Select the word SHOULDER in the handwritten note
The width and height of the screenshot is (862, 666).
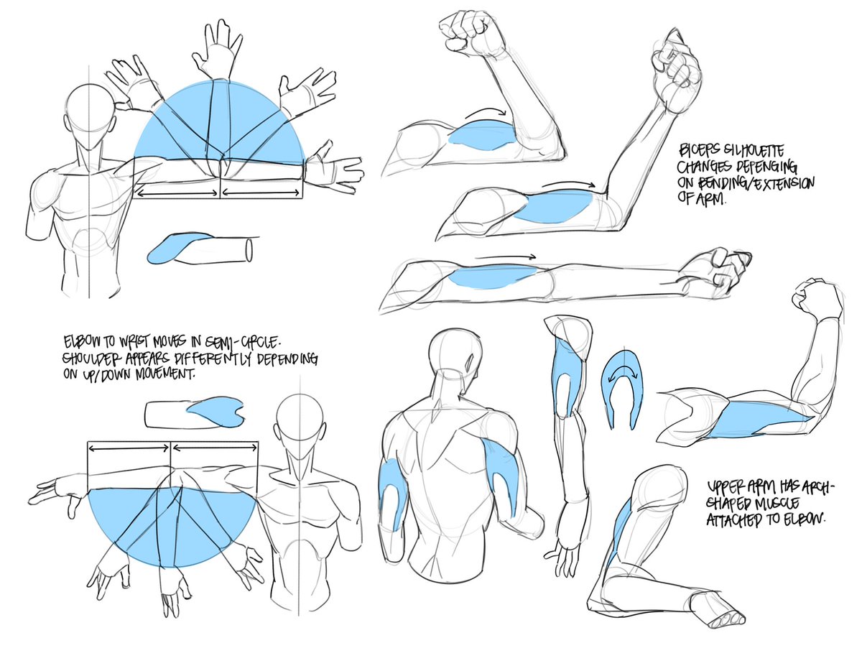pos(92,359)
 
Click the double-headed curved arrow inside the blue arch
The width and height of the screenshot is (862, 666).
pos(621,371)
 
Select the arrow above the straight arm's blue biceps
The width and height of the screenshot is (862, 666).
pos(505,257)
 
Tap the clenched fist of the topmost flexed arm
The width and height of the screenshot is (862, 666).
pos(470,32)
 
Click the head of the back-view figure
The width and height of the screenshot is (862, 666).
pos(455,351)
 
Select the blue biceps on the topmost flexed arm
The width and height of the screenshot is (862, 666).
pos(483,135)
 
